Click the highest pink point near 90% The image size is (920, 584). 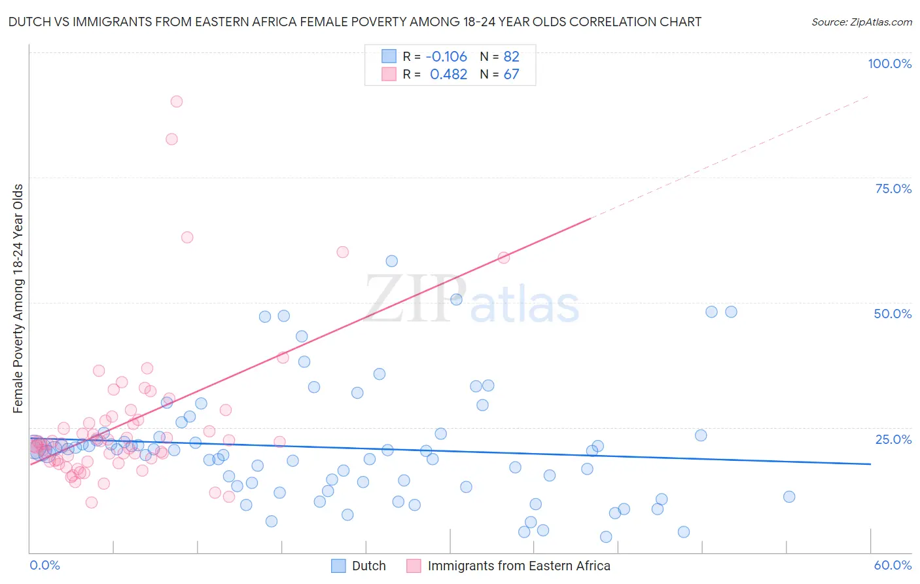point(176,101)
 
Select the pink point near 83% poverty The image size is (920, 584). point(171,139)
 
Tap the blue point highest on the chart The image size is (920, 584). point(391,261)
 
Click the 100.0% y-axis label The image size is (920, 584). point(889,64)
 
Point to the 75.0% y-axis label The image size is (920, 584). point(893,189)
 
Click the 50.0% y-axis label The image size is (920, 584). point(893,314)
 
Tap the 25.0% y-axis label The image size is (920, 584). point(893,439)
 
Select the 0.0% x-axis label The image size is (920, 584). point(44,565)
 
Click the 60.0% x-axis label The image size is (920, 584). point(893,565)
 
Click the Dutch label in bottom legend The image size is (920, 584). point(368,566)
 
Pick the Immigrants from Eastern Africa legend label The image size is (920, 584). point(518,566)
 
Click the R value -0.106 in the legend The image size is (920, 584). point(446,56)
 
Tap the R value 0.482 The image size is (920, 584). point(448,75)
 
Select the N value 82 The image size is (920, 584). point(511,56)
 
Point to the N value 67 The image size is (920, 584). point(511,75)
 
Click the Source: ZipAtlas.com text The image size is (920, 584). point(861,22)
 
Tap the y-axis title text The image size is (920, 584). point(18,299)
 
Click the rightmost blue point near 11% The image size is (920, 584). point(789,497)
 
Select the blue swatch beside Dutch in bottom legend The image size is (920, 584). point(338,566)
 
